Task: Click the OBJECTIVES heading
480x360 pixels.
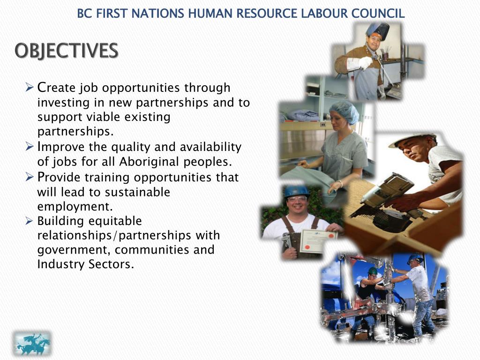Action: (x=66, y=51)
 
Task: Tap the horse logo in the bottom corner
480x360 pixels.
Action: (x=32, y=344)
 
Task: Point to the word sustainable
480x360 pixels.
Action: (x=137, y=192)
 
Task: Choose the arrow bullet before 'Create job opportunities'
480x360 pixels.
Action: (x=29, y=87)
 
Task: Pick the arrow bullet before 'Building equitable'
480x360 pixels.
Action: (x=29, y=220)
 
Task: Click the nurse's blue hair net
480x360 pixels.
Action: (x=344, y=111)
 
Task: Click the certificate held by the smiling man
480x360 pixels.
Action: (x=318, y=241)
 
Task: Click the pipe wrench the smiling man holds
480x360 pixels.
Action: (x=287, y=244)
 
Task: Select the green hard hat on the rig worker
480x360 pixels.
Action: (x=373, y=271)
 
